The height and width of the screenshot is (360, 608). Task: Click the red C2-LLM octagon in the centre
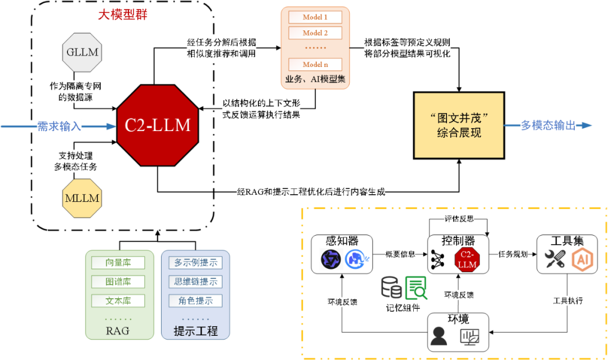point(158,125)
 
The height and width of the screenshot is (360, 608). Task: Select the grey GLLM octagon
point(82,53)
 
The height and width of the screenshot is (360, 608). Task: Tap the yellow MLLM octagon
point(82,199)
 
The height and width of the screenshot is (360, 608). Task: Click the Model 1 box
point(315,17)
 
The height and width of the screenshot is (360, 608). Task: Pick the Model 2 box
point(315,33)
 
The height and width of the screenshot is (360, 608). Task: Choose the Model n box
point(315,64)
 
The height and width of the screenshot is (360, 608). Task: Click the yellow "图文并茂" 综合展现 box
point(458,125)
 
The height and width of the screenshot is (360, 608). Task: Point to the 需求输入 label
point(59,126)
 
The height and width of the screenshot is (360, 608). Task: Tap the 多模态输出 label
point(548,125)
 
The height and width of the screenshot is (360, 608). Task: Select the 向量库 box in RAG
point(118,263)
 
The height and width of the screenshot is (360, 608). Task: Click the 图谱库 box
point(118,281)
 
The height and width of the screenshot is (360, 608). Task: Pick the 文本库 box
point(118,300)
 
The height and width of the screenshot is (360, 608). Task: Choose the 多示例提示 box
point(195,263)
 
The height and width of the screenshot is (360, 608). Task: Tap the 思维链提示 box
point(195,281)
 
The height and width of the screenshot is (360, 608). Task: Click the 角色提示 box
point(195,300)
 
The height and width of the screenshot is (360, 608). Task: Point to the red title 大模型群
point(122,15)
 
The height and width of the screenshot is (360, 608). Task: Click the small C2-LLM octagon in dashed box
point(467,259)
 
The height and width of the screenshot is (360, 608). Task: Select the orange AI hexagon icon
point(582,259)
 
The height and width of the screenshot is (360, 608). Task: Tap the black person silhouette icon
point(439,336)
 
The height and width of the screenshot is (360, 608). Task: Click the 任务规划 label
point(512,254)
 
